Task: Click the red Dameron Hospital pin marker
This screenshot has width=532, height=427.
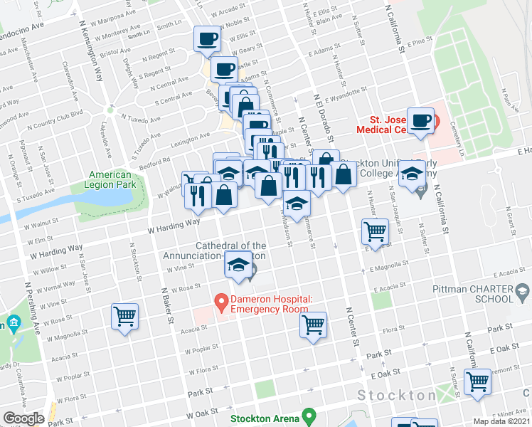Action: (221, 303)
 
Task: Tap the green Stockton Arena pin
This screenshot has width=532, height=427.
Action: (308, 414)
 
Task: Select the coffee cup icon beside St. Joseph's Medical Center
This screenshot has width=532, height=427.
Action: (422, 120)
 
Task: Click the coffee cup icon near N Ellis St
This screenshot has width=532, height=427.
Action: (207, 38)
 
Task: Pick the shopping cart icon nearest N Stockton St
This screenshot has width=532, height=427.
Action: (125, 317)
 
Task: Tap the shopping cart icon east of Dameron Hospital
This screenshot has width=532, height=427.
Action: (313, 325)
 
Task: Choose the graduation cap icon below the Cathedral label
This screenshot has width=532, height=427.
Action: (238, 265)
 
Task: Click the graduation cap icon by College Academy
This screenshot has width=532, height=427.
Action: (412, 172)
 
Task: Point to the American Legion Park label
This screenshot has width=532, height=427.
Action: (110, 180)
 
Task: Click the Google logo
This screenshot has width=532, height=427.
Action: (23, 418)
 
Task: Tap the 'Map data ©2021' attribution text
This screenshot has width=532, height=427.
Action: (502, 421)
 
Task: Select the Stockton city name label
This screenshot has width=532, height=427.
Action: (397, 396)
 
